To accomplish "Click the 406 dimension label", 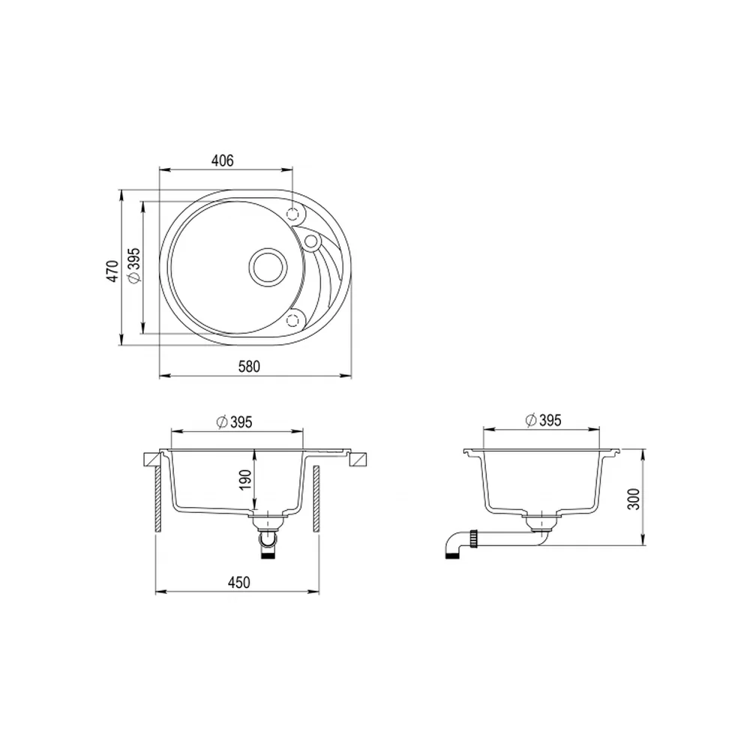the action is (223, 160).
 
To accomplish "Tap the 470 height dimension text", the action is (113, 271).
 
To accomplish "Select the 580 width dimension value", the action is (249, 367).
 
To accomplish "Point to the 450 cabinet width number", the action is (238, 583).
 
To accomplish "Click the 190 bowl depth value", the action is (245, 480).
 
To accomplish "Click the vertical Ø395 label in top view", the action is (134, 266).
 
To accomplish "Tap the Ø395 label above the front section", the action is (234, 422).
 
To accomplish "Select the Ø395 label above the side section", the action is (543, 421).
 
